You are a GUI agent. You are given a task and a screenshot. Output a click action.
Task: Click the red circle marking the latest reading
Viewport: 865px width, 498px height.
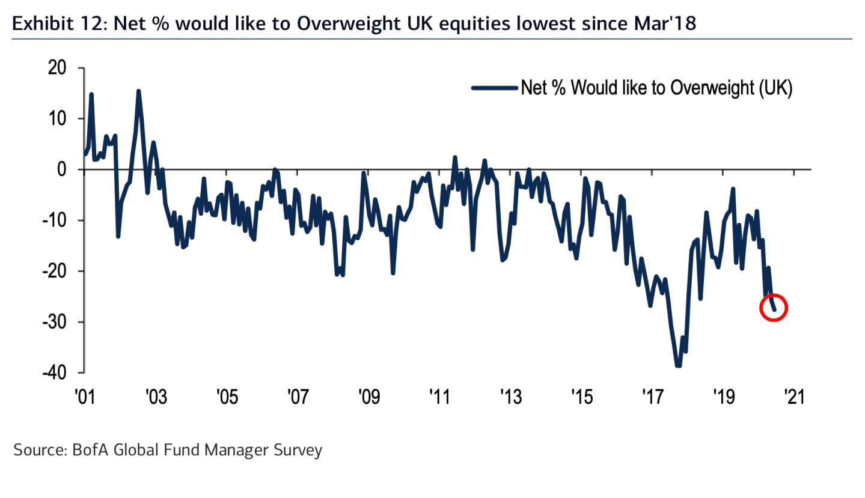(774, 308)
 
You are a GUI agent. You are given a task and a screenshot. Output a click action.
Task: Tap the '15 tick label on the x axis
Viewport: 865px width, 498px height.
(581, 396)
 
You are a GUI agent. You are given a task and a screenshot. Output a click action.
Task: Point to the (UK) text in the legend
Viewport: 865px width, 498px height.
(774, 88)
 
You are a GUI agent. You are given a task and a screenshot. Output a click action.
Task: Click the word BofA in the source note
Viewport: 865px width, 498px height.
(88, 449)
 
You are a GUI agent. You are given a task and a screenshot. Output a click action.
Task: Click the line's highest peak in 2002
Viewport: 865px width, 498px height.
(139, 92)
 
